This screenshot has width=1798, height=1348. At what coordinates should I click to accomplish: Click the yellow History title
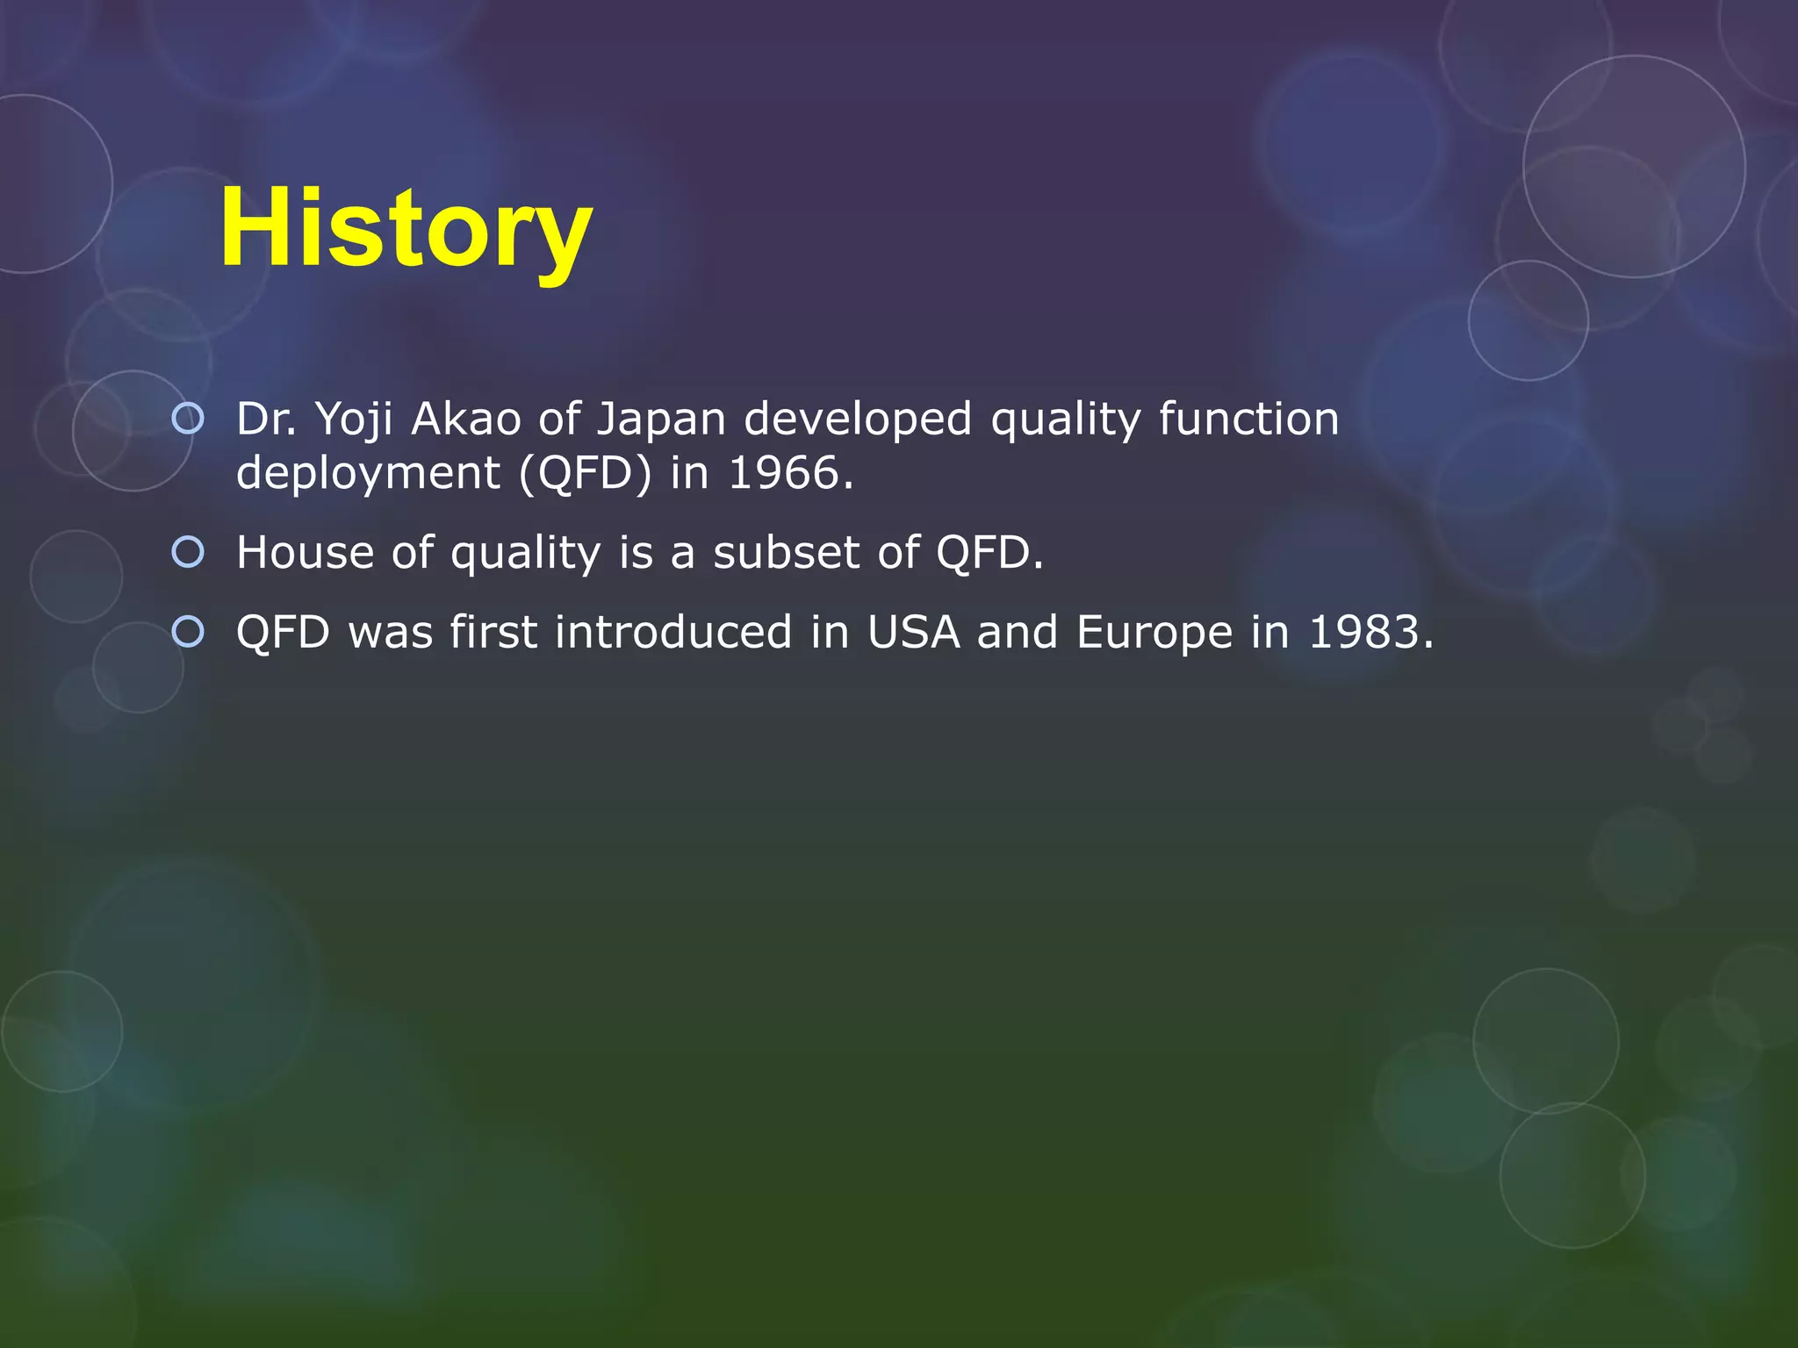click(x=406, y=230)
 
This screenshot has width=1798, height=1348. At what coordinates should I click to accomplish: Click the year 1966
click(x=791, y=474)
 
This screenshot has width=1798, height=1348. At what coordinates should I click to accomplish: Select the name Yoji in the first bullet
click(x=354, y=419)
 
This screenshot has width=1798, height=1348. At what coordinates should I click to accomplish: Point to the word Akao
click(x=466, y=419)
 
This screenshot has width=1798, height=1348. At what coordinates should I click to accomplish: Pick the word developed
click(x=858, y=419)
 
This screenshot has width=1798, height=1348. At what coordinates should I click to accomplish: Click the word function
click(x=1248, y=419)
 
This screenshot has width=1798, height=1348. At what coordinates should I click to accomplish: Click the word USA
click(x=913, y=633)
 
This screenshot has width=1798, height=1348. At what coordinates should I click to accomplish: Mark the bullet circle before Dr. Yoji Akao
click(x=188, y=419)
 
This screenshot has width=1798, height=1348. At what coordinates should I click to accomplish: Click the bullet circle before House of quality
click(x=188, y=552)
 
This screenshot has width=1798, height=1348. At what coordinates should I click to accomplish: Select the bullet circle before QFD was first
click(x=188, y=632)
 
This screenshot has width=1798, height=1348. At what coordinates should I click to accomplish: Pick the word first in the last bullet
click(x=493, y=633)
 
